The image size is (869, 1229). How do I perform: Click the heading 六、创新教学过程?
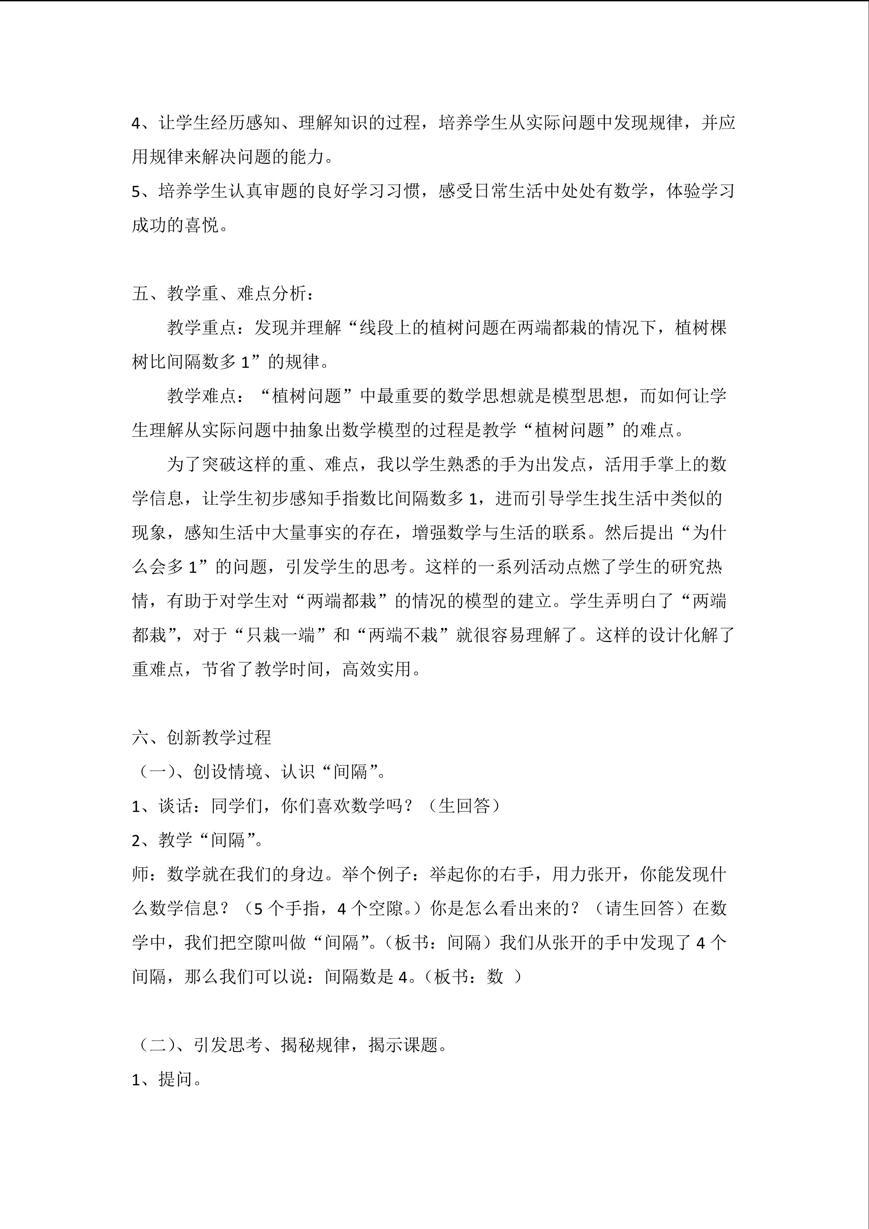(x=202, y=738)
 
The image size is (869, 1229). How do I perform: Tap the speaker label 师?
(x=140, y=875)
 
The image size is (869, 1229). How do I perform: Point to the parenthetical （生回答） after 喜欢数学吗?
(x=465, y=806)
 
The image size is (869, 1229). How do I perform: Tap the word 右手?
(x=517, y=875)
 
